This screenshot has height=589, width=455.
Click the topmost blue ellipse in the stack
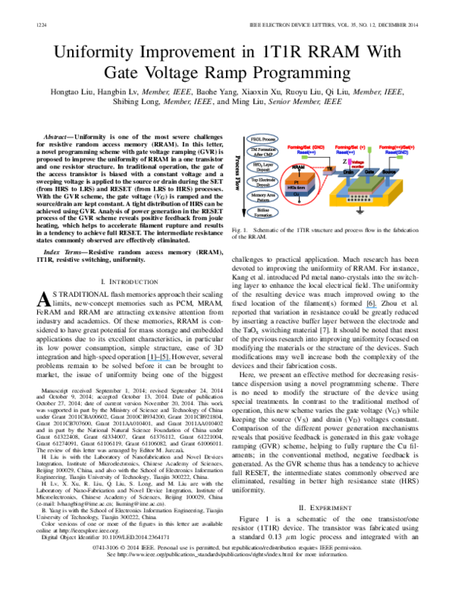(262, 139)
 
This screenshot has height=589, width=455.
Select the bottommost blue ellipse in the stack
(262, 213)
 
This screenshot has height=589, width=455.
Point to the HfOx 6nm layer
(297, 187)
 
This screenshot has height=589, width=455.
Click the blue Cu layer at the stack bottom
(297, 194)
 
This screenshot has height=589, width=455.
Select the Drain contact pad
(348, 172)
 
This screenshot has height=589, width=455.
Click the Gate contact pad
(369, 172)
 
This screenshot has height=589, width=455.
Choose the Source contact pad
(388, 172)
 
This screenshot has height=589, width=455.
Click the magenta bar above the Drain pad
(350, 161)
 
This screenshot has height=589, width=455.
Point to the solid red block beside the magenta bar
(358, 163)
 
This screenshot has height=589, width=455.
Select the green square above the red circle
(304, 157)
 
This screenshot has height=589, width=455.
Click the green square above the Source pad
(400, 157)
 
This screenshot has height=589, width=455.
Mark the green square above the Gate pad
(369, 150)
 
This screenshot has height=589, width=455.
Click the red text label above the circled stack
(306, 147)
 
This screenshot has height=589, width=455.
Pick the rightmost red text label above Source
(397, 147)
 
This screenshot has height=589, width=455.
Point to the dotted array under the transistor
(359, 198)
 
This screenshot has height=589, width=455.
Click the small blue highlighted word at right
(372, 307)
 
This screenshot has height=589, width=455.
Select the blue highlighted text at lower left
(158, 361)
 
